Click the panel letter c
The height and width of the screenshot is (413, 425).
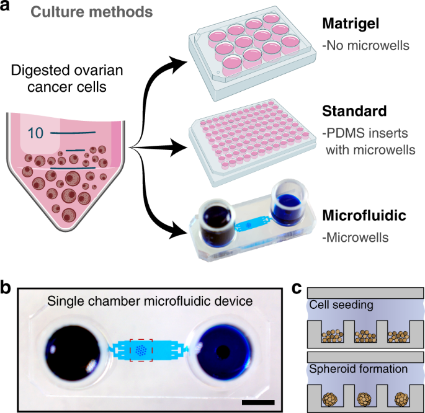(297, 288)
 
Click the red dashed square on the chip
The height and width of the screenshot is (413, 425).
(141, 350)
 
